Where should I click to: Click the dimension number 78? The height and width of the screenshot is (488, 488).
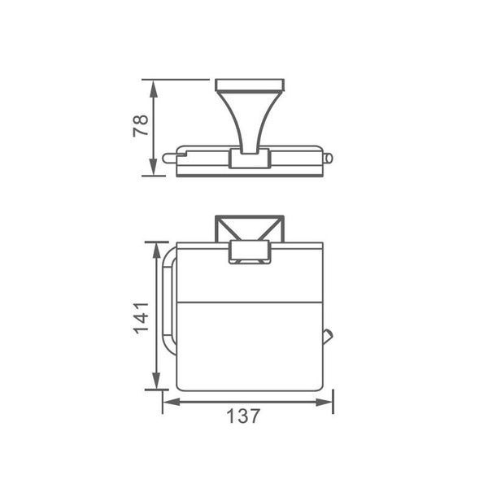[141, 126]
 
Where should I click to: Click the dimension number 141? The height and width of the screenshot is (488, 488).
[141, 318]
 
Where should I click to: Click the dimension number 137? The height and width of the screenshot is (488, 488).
[242, 416]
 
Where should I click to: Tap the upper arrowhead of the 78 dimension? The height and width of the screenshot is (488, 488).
[153, 89]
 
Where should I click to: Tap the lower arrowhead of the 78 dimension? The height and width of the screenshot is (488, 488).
[153, 167]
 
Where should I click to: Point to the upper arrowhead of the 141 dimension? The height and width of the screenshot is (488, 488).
[156, 251]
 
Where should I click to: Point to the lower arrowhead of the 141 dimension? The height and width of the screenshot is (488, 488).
[156, 381]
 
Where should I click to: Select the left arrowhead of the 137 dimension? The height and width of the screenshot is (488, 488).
[172, 402]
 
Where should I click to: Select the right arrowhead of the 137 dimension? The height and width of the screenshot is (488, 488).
[325, 402]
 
